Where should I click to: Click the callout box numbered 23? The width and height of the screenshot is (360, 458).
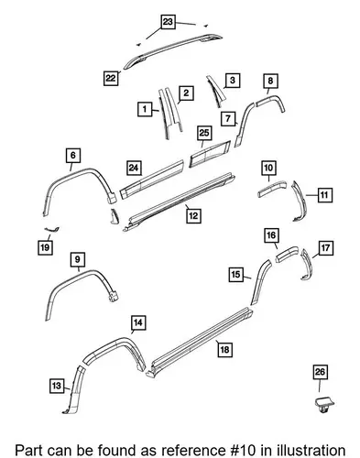click(x=168, y=22)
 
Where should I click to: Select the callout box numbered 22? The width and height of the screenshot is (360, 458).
click(x=111, y=78)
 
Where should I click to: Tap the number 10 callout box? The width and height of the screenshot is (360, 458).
click(x=268, y=168)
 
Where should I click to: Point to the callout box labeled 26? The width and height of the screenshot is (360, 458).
click(x=320, y=372)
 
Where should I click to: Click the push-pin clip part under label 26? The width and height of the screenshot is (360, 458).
click(x=324, y=405)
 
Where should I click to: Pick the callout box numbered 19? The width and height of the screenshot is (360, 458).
click(x=45, y=247)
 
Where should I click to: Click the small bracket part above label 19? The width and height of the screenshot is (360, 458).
click(x=51, y=229)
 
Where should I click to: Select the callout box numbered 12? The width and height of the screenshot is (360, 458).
click(x=193, y=215)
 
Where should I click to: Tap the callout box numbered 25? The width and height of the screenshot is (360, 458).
click(x=204, y=133)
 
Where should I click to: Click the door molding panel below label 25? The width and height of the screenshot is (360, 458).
click(x=210, y=154)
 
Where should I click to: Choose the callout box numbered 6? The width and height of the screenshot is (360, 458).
click(x=73, y=155)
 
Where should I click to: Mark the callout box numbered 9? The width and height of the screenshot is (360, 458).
click(x=77, y=259)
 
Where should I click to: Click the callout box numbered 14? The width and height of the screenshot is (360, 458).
click(x=138, y=322)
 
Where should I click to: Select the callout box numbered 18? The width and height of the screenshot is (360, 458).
click(x=224, y=349)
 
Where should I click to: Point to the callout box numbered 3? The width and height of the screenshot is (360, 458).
click(x=233, y=80)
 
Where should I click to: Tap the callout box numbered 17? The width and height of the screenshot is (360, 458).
click(x=325, y=248)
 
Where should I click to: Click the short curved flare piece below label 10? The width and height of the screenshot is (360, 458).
click(x=272, y=189)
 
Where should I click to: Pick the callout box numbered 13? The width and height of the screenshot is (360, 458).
click(x=57, y=386)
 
